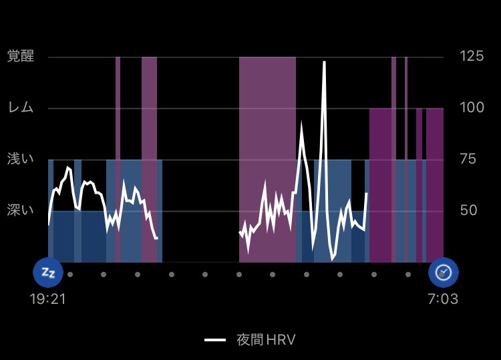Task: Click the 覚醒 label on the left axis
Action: (21, 56)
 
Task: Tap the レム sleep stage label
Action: (21, 108)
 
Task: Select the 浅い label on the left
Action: (21, 158)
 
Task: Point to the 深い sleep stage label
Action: (21, 210)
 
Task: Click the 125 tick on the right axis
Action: (472, 56)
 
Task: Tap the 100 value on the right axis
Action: (472, 108)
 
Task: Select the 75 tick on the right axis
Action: (468, 159)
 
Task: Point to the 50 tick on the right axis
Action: (468, 210)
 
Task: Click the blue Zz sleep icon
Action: (48, 273)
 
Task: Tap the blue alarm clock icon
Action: (444, 273)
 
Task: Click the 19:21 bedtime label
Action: (47, 299)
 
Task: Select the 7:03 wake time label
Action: (443, 299)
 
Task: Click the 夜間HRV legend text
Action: (266, 340)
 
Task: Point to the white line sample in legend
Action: (215, 340)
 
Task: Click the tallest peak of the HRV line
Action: (324, 62)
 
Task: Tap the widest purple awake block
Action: (267, 160)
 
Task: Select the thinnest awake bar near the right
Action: (406, 160)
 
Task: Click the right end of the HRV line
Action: (366, 193)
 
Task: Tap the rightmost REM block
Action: (435, 185)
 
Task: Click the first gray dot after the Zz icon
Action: (70, 275)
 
